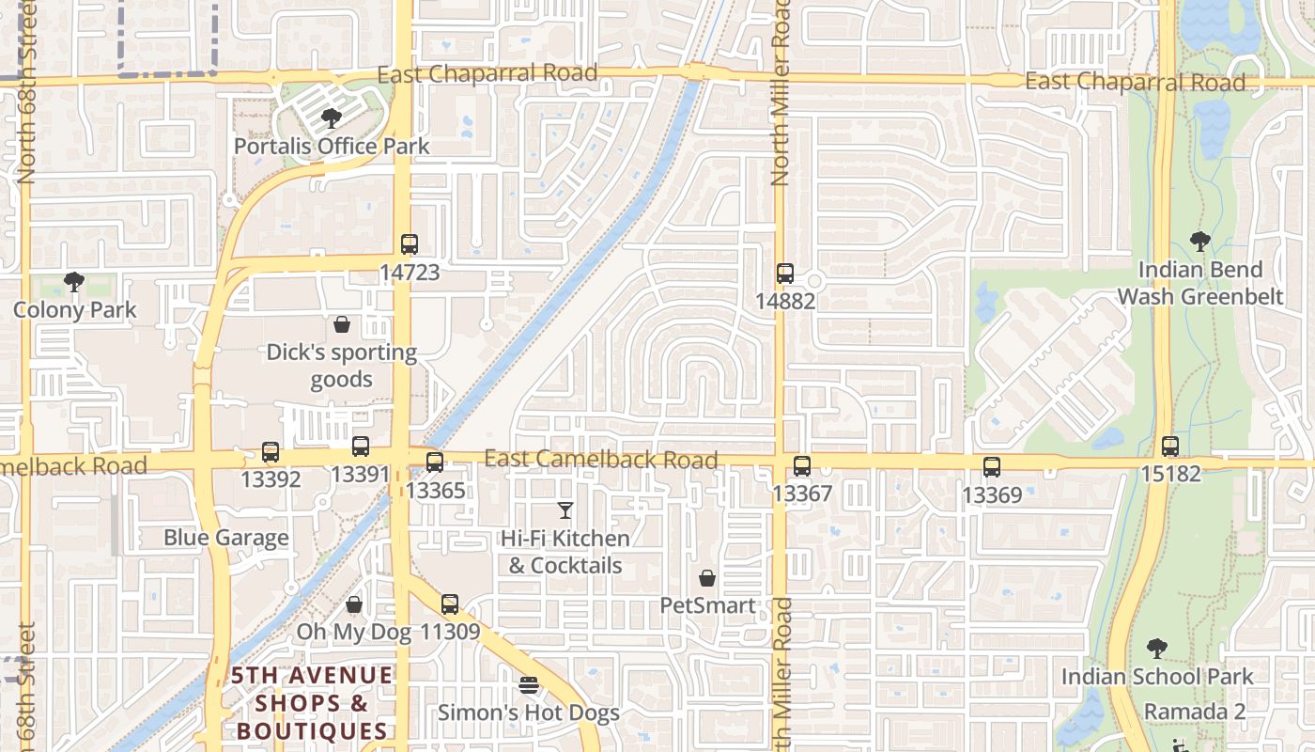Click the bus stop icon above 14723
pyautogui.click(x=410, y=244)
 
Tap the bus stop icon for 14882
pyautogui.click(x=785, y=274)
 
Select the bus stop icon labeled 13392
pyautogui.click(x=271, y=451)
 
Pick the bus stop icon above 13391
pyautogui.click(x=360, y=446)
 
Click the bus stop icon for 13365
pyautogui.click(x=435, y=462)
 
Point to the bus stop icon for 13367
pyautogui.click(x=802, y=465)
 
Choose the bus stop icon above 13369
pyautogui.click(x=992, y=466)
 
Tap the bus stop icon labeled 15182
pyautogui.click(x=1170, y=446)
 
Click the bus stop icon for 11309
pyautogui.click(x=450, y=604)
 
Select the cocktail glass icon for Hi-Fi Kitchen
pyautogui.click(x=565, y=510)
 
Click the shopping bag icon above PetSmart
pyautogui.click(x=707, y=578)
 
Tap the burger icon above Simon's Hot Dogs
pyautogui.click(x=529, y=685)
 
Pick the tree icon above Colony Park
pyautogui.click(x=74, y=281)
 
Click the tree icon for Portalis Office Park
pyautogui.click(x=331, y=118)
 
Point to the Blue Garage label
pyautogui.click(x=226, y=538)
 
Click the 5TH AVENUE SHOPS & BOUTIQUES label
pyautogui.click(x=313, y=703)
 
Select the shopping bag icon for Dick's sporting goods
pyautogui.click(x=342, y=324)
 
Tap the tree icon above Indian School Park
pyautogui.click(x=1157, y=648)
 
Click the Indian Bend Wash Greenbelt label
pyautogui.click(x=1199, y=283)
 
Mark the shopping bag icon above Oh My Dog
pyautogui.click(x=354, y=604)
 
